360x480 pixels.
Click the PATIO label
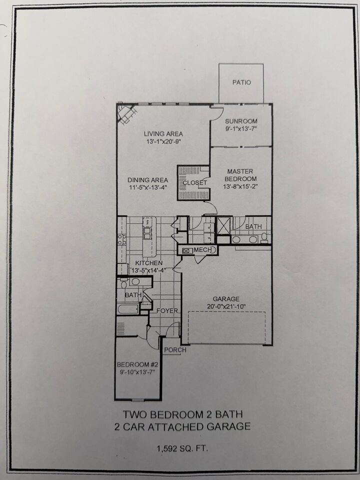point(241,82)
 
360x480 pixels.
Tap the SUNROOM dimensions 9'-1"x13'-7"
point(240,128)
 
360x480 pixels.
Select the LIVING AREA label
point(163,134)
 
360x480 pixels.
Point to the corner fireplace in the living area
point(126,113)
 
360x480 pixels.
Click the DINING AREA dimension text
point(148,187)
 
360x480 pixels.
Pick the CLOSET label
point(195,183)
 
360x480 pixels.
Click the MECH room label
point(202,250)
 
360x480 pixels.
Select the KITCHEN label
point(149,263)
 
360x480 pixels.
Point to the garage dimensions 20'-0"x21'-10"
point(225,306)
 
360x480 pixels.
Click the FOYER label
point(167,310)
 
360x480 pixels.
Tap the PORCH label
point(175,350)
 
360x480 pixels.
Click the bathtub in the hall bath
point(128,308)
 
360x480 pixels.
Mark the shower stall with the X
point(224,225)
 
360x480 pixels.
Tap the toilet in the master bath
point(264,238)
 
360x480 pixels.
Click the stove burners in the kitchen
point(122,239)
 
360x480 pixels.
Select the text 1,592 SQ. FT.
point(182,449)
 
